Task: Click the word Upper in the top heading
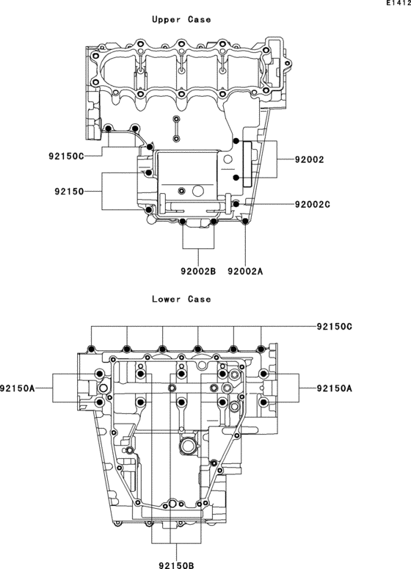tap(166, 20)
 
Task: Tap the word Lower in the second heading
tap(166, 299)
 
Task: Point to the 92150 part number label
tap(68, 192)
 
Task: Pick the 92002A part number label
tap(245, 271)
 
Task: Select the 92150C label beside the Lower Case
tap(335, 325)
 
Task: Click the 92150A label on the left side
tap(18, 388)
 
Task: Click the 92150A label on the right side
tap(335, 388)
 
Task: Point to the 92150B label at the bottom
tap(176, 565)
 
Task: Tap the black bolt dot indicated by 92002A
tap(245, 220)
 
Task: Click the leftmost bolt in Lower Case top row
tap(92, 348)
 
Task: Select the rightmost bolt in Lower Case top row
tap(262, 348)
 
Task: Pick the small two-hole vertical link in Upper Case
tap(176, 128)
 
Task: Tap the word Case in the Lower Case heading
tap(199, 299)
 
